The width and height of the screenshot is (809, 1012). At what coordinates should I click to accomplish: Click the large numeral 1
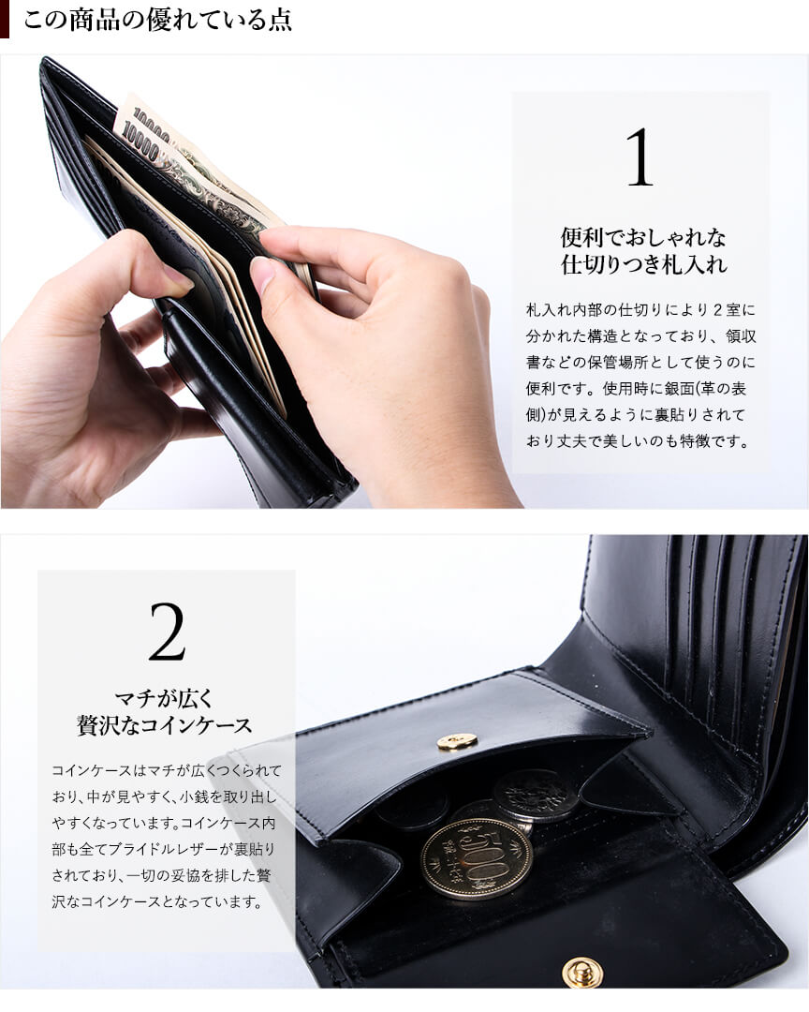click(640, 156)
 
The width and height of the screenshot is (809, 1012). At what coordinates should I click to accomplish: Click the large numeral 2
click(167, 632)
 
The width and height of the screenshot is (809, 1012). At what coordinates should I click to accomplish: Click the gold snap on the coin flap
click(457, 741)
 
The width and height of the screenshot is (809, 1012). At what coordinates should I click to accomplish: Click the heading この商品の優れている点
click(157, 20)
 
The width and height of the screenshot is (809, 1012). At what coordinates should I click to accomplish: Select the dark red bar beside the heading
click(5, 20)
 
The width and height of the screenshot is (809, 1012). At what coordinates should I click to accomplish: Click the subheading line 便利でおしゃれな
click(643, 237)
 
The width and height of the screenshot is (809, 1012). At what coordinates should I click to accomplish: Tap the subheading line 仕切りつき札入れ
click(643, 264)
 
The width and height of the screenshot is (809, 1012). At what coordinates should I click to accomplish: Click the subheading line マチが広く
click(164, 698)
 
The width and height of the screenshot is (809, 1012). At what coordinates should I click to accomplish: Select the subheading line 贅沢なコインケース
click(164, 724)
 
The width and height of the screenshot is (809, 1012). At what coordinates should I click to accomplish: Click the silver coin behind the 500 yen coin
click(537, 796)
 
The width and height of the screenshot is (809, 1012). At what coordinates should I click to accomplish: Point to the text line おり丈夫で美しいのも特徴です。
click(638, 441)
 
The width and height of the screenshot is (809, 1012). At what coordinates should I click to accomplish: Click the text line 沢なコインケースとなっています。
click(157, 901)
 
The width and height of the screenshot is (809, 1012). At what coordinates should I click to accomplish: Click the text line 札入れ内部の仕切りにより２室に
click(640, 310)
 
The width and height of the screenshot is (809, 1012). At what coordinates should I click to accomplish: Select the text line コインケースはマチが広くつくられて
click(167, 770)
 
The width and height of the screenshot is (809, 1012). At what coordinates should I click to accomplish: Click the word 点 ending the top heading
click(280, 20)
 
